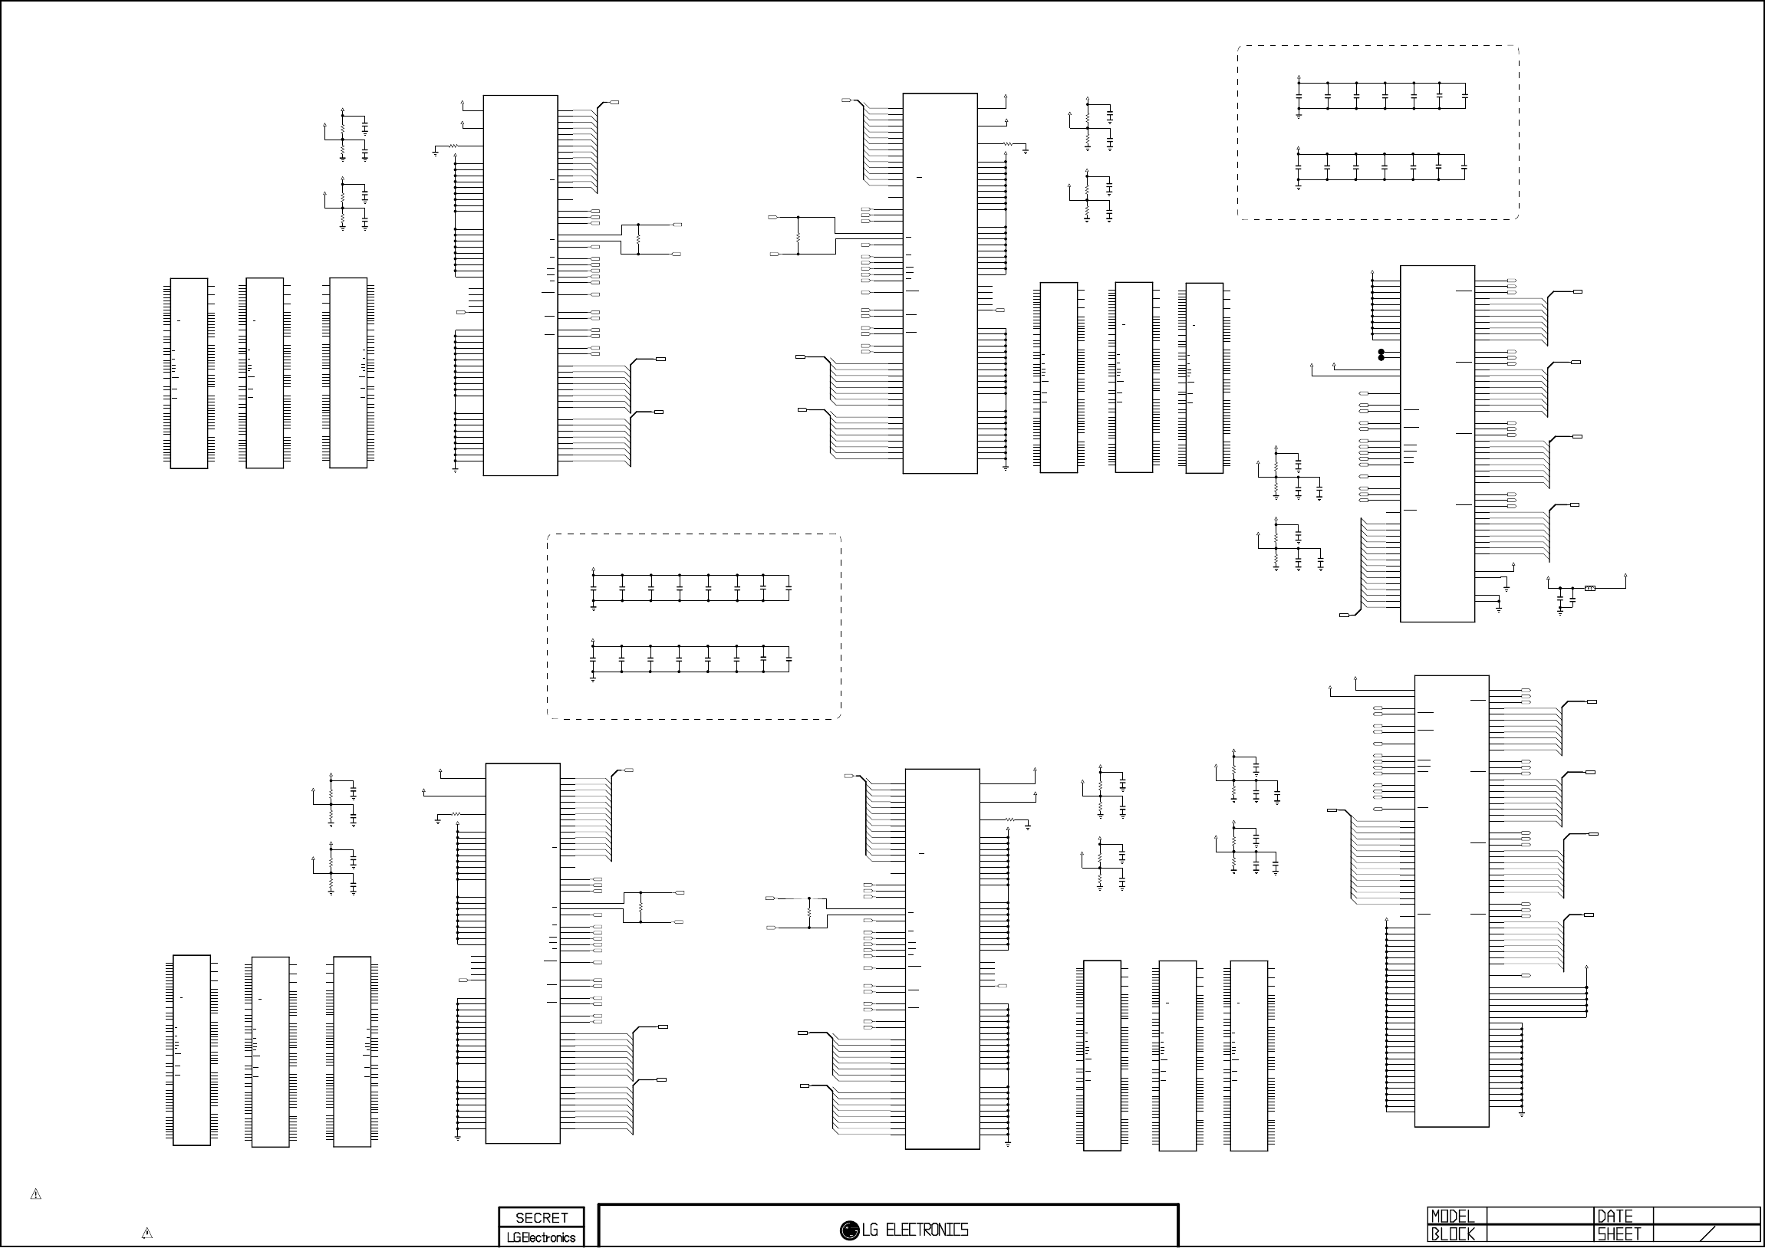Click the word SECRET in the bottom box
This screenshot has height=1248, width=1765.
click(542, 1218)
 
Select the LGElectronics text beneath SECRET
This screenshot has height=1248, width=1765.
click(542, 1237)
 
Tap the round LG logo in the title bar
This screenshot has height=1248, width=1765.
click(849, 1230)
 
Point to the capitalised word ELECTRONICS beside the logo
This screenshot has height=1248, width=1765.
click(927, 1230)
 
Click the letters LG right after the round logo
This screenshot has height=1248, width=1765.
click(869, 1230)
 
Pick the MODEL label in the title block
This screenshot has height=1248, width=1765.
click(1452, 1217)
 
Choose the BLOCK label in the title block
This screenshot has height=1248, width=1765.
click(1452, 1234)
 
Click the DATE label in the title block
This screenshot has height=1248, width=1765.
click(1615, 1217)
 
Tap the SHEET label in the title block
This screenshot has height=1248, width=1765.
click(1619, 1234)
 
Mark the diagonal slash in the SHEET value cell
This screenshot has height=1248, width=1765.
click(1707, 1234)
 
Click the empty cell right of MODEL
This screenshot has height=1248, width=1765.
click(1539, 1217)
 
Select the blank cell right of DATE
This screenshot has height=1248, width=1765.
click(1705, 1217)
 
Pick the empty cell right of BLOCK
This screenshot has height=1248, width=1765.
click(1539, 1234)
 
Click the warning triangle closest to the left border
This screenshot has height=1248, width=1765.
click(35, 1194)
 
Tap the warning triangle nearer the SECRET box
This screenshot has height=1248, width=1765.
click(147, 1234)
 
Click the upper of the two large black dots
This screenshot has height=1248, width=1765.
click(1381, 352)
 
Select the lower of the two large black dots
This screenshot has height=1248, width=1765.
click(1381, 358)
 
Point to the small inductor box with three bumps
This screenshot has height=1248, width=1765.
click(1590, 589)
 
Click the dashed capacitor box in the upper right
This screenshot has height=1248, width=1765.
click(1378, 132)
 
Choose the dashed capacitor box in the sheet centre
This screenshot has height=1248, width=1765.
click(693, 626)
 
